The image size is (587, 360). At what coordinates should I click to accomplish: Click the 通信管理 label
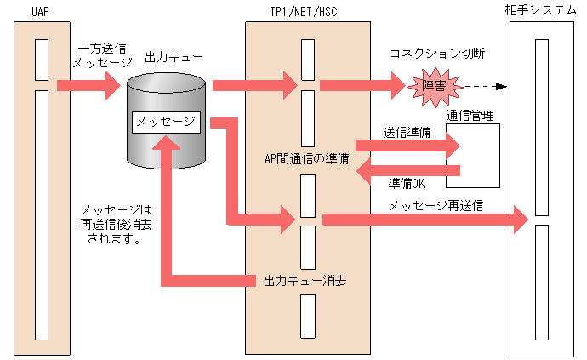pyautogui.click(x=470, y=115)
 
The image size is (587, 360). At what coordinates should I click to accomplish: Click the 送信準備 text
pyautogui.click(x=407, y=133)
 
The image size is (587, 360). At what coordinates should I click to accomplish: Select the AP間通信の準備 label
pyautogui.click(x=307, y=158)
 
